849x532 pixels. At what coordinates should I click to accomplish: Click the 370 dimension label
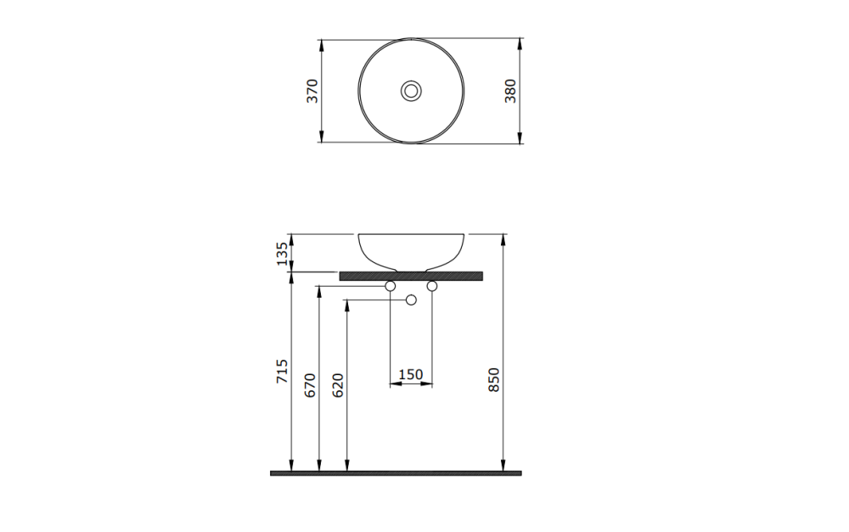pos(312,91)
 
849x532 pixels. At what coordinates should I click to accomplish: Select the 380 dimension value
pos(511,91)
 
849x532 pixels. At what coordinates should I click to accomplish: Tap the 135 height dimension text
pos(283,253)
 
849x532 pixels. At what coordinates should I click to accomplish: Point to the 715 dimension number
pos(283,372)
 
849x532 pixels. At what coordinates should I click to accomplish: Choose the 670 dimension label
pos(310,384)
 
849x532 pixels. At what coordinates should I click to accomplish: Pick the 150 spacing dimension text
pos(411,374)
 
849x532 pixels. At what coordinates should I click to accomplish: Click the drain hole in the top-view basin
pos(412,90)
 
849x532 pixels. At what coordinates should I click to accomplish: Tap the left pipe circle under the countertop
pos(391,288)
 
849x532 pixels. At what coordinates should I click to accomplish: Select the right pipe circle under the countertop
pos(432,288)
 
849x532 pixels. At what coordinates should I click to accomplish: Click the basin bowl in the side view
pos(412,249)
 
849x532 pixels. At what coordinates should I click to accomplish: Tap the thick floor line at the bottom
pos(396,473)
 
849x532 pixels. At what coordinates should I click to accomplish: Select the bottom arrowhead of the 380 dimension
pos(520,138)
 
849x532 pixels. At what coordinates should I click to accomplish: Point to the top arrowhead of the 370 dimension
pos(321,42)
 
